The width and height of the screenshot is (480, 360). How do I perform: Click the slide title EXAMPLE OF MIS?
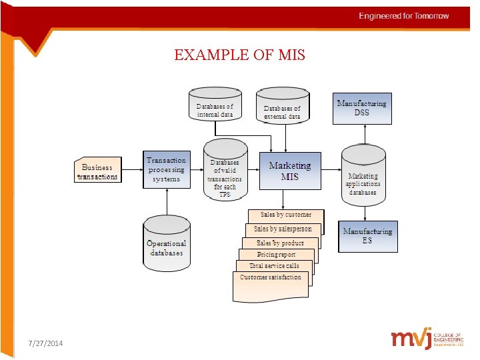pos(239,55)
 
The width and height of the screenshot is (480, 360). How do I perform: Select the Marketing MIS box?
pos(289,171)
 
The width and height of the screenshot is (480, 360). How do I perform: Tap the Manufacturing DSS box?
pos(362,108)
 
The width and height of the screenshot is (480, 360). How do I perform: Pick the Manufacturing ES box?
pos(367,236)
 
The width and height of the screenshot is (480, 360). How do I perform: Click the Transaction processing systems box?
pos(166,169)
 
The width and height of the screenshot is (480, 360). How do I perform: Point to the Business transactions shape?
pos(97,172)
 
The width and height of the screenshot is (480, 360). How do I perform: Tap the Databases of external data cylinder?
pos(282,108)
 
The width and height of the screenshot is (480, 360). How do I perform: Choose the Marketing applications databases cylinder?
pos(363,177)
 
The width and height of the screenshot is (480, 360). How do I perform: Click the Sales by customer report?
pos(285,215)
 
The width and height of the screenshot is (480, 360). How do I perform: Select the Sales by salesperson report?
pos(283,229)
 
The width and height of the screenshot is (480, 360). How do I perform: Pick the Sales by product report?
pos(280,243)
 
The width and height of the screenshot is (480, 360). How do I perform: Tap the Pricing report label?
pos(277,255)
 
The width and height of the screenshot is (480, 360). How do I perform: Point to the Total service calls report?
pos(274,265)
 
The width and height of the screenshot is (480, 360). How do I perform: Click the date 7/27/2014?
pos(46,343)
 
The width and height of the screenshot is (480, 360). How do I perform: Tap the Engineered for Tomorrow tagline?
pos(404,16)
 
